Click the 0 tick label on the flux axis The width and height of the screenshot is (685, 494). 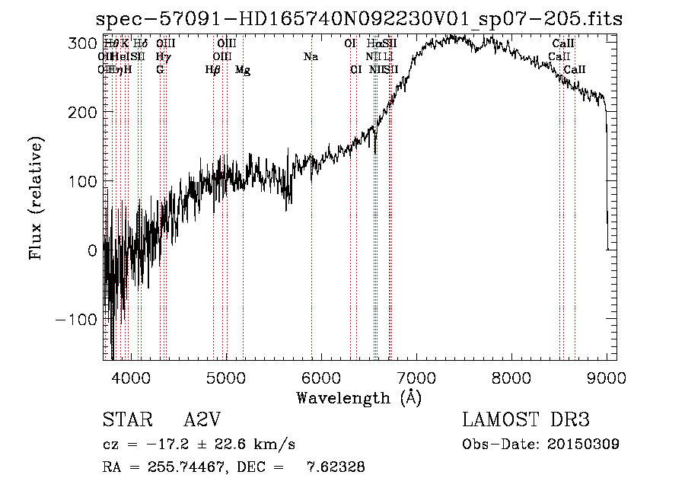tap(92, 250)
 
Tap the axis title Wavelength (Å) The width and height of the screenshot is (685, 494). tap(358, 397)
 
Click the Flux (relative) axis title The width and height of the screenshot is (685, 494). tap(37, 198)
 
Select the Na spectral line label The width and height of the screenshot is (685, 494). tap(311, 57)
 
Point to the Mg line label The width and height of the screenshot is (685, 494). tap(243, 70)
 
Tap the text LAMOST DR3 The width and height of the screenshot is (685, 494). tap(526, 420)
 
